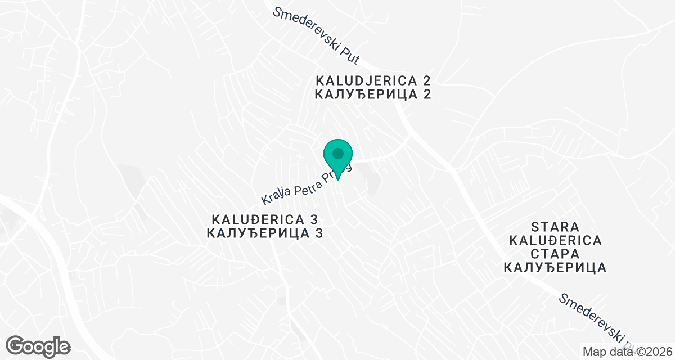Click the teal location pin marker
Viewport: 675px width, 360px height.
pos(337,158)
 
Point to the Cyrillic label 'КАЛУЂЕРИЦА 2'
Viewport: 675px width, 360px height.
pos(373,94)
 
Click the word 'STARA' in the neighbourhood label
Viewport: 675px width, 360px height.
pos(555,227)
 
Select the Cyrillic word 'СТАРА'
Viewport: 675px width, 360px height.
pos(555,254)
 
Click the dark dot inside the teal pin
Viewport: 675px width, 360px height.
pos(337,153)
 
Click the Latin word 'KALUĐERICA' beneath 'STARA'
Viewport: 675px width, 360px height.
pos(555,241)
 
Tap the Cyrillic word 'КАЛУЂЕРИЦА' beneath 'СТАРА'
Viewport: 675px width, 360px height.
pos(555,268)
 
